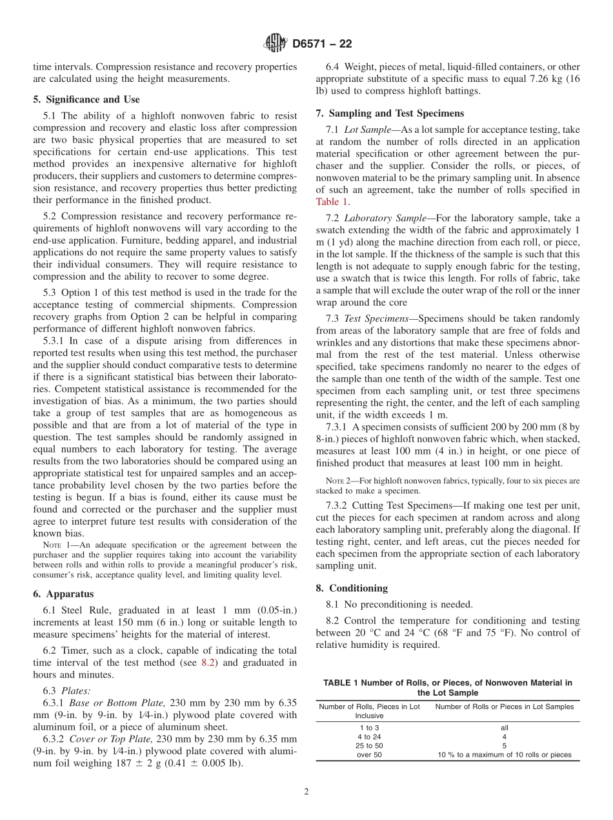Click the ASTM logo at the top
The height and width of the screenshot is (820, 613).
click(x=276, y=44)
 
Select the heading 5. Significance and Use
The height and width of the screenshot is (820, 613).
click(x=86, y=99)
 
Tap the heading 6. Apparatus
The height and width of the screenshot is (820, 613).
click(x=63, y=594)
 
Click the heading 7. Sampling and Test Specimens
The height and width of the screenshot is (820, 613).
click(x=390, y=113)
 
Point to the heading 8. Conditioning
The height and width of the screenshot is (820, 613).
click(x=352, y=588)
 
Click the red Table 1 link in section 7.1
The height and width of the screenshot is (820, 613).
click(x=332, y=202)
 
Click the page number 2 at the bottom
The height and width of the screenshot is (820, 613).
click(x=306, y=792)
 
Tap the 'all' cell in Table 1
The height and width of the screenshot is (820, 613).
click(x=504, y=727)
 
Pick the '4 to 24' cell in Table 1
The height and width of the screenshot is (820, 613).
click(x=368, y=736)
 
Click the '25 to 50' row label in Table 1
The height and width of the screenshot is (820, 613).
click(x=368, y=745)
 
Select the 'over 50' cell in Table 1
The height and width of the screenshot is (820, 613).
click(x=368, y=754)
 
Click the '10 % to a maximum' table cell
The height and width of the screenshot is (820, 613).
click(x=504, y=754)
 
